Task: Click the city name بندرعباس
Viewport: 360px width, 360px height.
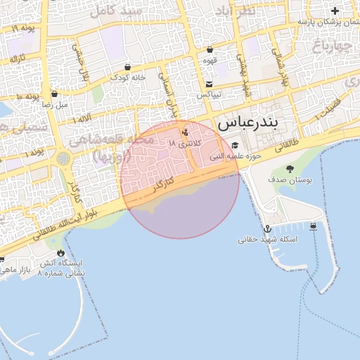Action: coord(247,123)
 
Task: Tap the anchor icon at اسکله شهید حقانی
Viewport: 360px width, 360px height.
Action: coord(267,229)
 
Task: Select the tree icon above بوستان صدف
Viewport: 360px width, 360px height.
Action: coord(290,169)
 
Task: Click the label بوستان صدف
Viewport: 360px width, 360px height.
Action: coord(290,180)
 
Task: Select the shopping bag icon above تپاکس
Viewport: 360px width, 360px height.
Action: coord(210,82)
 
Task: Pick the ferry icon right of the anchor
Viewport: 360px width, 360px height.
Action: coord(313,226)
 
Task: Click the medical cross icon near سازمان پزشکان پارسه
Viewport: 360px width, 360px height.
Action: coord(335,11)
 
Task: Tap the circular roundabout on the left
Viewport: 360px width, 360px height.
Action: coord(65,159)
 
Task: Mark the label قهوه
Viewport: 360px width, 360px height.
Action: coord(210,60)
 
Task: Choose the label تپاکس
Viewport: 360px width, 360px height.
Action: coord(210,94)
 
